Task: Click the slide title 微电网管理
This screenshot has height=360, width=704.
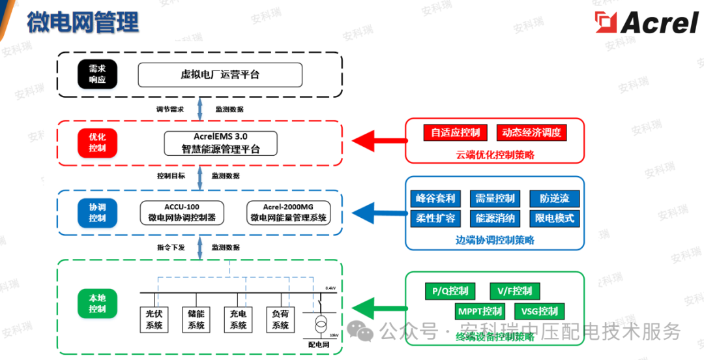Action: pos(83,22)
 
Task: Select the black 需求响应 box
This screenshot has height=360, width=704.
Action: pos(97,75)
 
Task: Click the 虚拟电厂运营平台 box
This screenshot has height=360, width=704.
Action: pos(220,75)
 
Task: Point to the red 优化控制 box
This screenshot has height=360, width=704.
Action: pos(97,143)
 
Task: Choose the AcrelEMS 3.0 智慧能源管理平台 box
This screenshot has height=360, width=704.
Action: pos(220,143)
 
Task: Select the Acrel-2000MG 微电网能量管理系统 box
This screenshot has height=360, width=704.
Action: pos(289,212)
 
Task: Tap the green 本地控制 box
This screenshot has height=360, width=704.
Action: pos(97,303)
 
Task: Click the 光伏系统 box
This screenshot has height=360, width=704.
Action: pos(154,320)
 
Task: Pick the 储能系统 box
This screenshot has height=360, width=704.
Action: pos(196,320)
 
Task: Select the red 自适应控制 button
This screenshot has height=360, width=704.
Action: pos(456,133)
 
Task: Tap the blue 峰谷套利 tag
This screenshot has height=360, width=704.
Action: pos(435,198)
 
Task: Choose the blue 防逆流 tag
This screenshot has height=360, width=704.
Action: pos(554,198)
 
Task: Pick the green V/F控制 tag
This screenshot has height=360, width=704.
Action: pos(514,291)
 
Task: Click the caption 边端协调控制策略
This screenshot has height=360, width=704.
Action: pos(495,239)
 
